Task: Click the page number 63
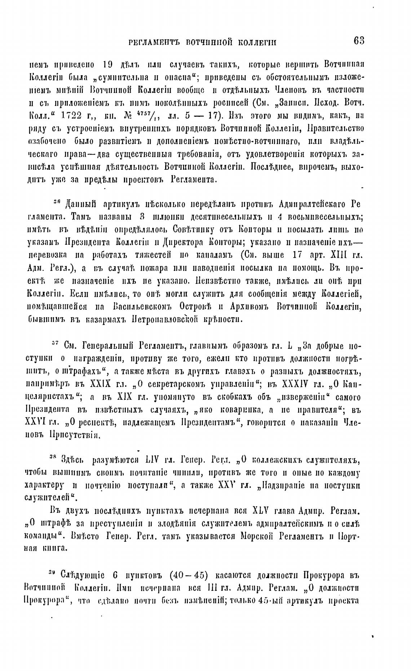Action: tap(359, 41)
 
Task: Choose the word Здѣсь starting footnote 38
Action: tap(73, 460)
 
